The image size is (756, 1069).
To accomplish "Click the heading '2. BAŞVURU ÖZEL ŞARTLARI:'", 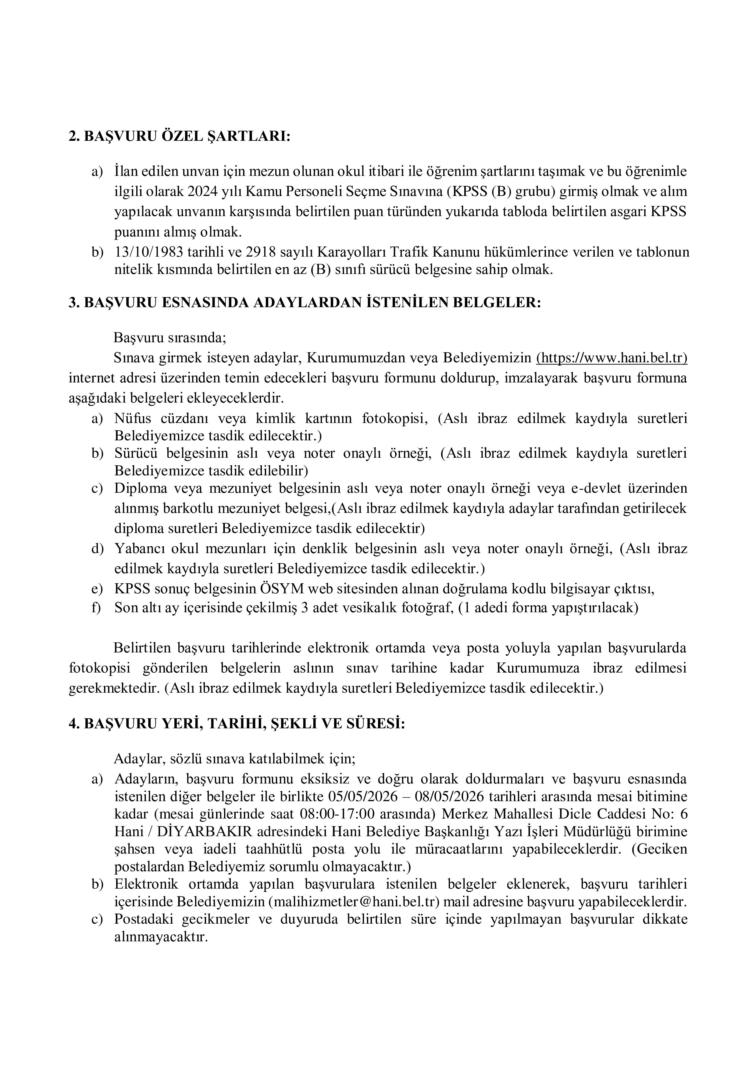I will click(179, 137).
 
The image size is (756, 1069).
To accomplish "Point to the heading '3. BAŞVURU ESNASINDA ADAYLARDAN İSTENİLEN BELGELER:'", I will click(305, 303).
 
